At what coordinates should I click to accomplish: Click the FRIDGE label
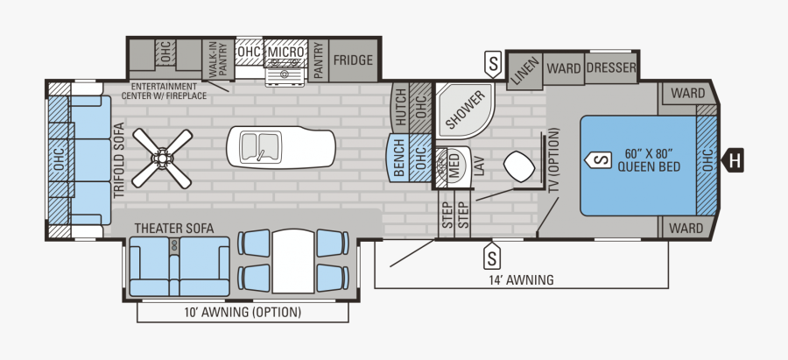354,60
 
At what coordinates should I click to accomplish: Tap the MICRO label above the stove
285,53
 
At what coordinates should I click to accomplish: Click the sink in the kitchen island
260,145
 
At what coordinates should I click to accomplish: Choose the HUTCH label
401,105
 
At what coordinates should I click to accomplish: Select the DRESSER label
611,67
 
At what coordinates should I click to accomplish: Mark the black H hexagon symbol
735,159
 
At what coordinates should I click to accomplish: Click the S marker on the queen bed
600,160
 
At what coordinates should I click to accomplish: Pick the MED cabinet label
454,164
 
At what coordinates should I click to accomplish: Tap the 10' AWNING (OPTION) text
242,313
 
